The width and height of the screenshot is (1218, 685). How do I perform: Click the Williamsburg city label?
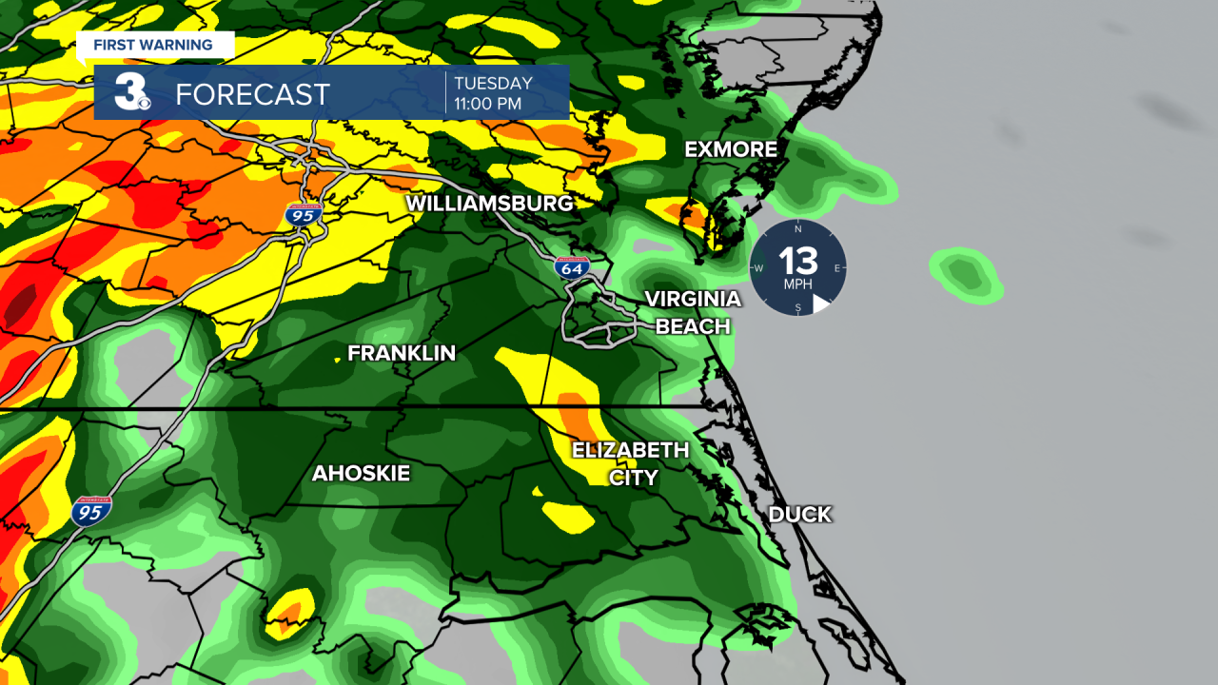[x=490, y=204]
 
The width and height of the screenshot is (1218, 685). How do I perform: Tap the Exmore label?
[x=731, y=149]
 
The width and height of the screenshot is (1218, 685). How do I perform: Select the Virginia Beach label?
[x=693, y=312]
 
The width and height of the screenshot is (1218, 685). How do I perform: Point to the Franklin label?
[x=402, y=353]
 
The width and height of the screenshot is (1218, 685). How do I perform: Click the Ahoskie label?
[x=361, y=473]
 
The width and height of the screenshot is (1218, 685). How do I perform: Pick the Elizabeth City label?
[x=631, y=463]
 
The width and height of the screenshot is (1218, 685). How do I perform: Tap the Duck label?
[x=799, y=515]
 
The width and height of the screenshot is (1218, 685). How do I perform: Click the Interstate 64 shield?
[x=572, y=267]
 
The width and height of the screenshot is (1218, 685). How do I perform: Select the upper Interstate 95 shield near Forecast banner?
[x=304, y=215]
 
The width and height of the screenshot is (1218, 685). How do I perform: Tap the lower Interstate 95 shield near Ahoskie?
[x=90, y=512]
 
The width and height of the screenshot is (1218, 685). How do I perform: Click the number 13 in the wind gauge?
[x=798, y=261]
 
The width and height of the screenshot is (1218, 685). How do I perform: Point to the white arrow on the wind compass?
[x=820, y=303]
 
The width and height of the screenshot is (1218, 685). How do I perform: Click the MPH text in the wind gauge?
[x=798, y=284]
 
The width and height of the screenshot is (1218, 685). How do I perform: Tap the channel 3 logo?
[x=131, y=92]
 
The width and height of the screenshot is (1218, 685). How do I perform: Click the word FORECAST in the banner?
[x=252, y=94]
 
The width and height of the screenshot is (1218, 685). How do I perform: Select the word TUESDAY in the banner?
[x=493, y=83]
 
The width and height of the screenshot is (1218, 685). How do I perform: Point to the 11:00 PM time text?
[x=487, y=104]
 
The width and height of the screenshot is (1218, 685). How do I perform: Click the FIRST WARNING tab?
[x=153, y=45]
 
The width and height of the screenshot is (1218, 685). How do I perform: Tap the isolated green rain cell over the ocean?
[x=967, y=275]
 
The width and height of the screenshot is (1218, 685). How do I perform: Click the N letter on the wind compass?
[x=798, y=229]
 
